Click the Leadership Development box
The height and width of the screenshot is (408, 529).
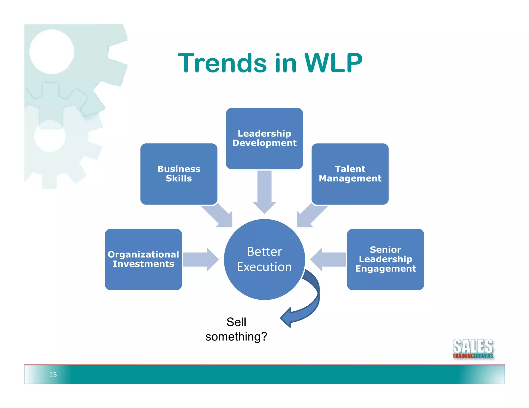point(264,138)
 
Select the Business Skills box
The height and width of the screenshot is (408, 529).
point(179,174)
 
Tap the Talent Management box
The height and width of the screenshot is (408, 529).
point(350,174)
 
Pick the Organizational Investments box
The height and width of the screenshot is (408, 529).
point(143,259)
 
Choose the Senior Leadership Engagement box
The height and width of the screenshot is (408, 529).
point(385,259)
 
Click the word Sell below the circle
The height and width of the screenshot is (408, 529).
point(236,322)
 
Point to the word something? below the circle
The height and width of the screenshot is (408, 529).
point(236,337)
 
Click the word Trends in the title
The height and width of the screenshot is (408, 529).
point(222,63)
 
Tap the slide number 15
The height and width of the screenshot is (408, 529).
point(53,374)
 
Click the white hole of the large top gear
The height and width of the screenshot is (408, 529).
point(51,52)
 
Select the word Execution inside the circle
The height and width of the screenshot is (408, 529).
point(264,267)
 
